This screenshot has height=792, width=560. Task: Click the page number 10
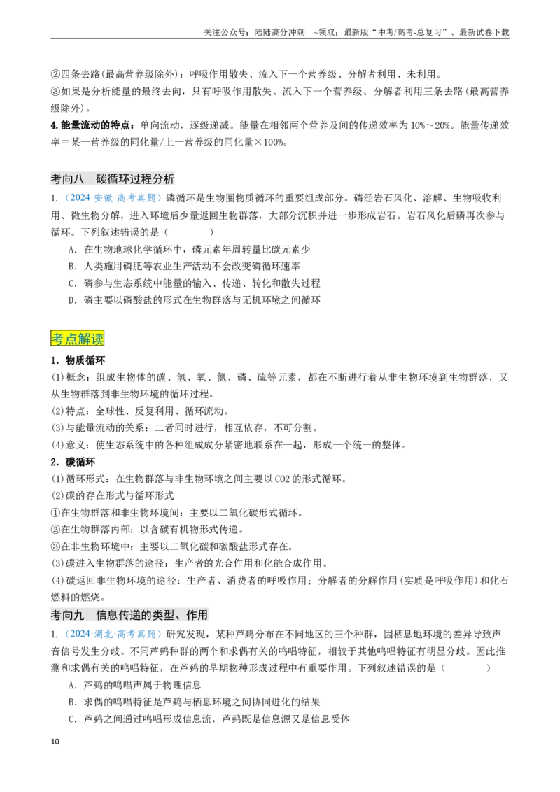tap(55, 741)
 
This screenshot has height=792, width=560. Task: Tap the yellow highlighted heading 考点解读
tap(77, 338)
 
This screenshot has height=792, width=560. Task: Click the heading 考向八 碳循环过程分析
tap(113, 179)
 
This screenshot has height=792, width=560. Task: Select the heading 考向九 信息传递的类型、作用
tap(129, 615)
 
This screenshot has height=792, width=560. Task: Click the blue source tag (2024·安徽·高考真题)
tap(113, 198)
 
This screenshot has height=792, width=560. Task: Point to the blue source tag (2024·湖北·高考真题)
tap(113, 634)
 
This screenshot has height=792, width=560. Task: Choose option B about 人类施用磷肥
tap(185, 266)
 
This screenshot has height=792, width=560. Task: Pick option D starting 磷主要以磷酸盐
tap(195, 300)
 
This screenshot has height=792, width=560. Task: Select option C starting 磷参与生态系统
tap(195, 283)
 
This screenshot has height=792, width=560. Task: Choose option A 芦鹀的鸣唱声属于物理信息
tap(135, 685)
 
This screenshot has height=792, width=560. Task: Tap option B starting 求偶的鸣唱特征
tap(195, 702)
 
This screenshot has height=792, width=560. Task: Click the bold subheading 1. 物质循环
tap(78, 360)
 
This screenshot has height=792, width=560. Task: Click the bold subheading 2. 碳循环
tap(73, 462)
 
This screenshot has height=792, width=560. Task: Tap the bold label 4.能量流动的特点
tap(93, 125)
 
